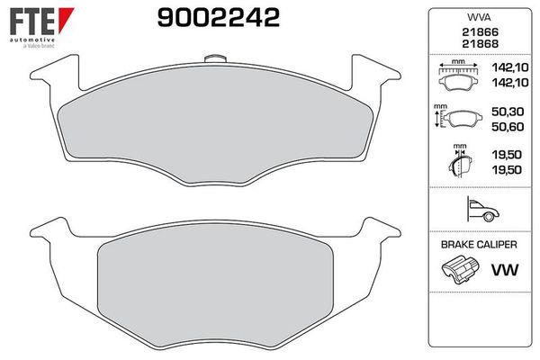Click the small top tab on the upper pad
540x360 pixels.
[213, 60]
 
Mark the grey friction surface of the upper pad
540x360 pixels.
[216, 126]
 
